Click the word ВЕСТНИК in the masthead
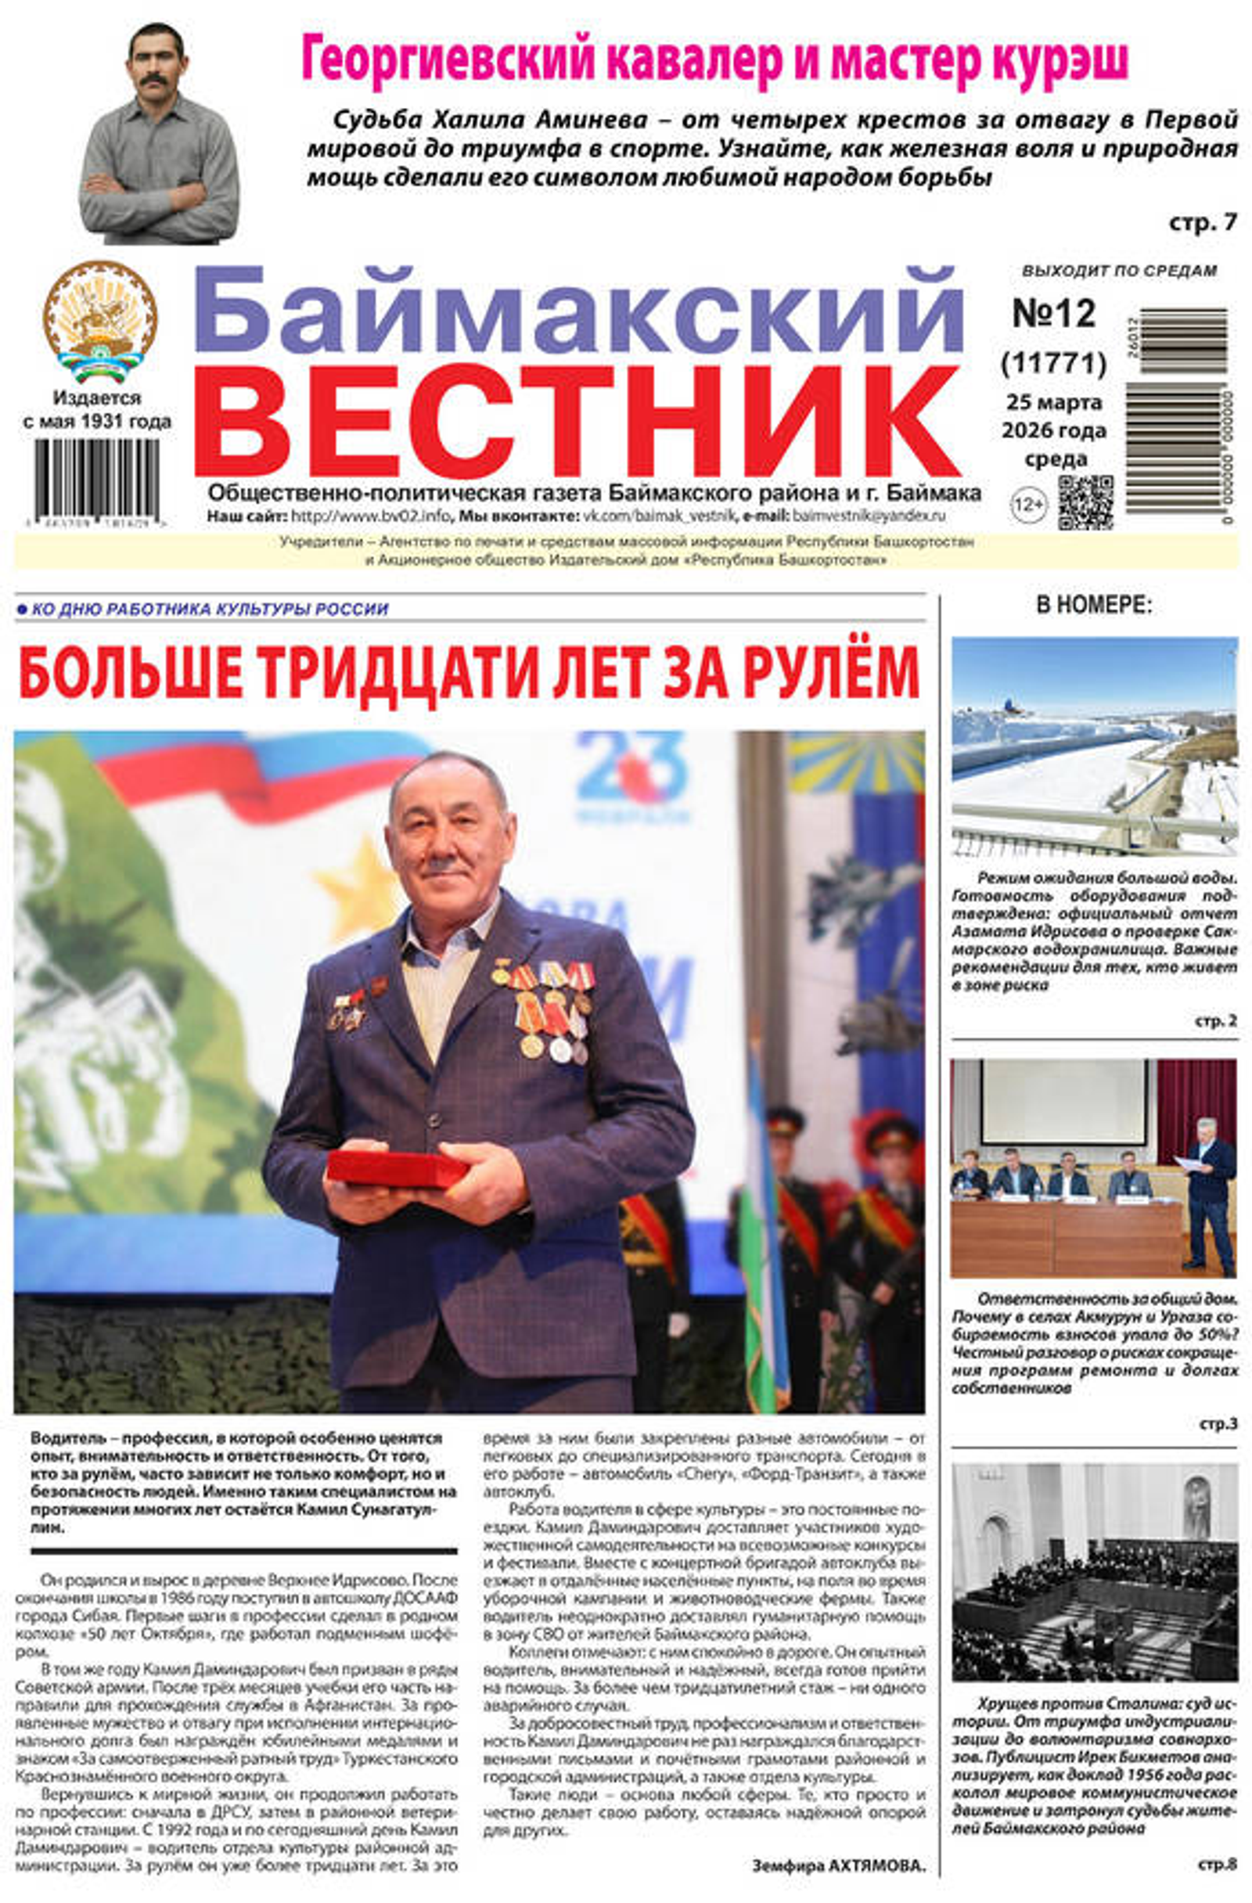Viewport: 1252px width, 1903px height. coord(588,423)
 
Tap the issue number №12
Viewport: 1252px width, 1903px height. coord(1053,315)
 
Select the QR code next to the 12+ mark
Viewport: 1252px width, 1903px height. coord(1084,503)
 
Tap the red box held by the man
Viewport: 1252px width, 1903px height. coord(395,1168)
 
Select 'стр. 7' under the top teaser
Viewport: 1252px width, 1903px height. coord(1202,222)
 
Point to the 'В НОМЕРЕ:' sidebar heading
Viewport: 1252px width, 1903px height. coord(1093,606)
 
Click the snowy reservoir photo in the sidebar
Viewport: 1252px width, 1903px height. coord(1093,746)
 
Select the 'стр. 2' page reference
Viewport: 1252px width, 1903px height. coord(1215,1021)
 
